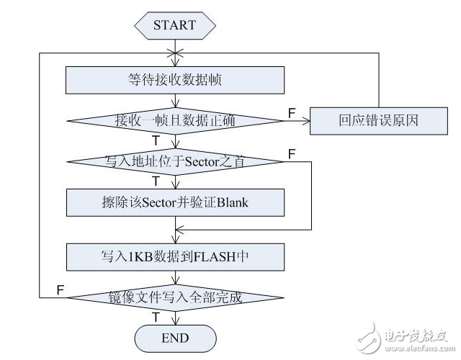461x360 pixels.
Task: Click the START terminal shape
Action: (174, 25)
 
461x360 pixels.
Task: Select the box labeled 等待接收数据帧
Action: (174, 79)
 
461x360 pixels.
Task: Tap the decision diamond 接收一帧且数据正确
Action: (174, 120)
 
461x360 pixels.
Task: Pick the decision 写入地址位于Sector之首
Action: (174, 162)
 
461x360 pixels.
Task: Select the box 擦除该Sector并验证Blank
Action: (174, 202)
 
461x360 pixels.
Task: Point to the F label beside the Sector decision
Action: (290, 154)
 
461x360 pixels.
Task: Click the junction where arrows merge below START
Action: (174, 53)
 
